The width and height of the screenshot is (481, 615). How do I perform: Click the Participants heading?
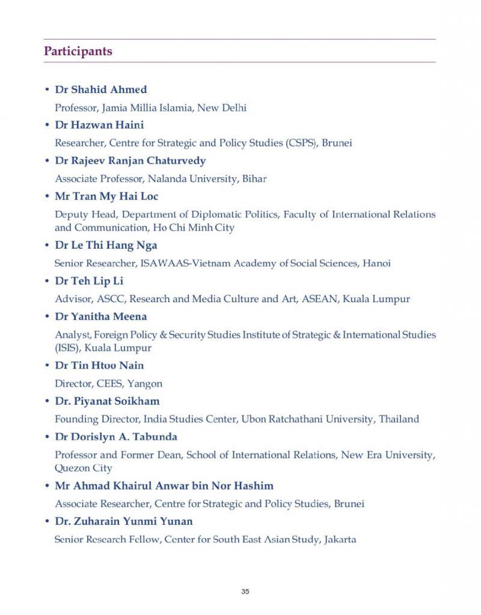tap(78, 51)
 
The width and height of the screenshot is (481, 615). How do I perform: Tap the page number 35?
tap(245, 592)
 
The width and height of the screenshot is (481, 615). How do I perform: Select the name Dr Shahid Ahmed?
tap(100, 89)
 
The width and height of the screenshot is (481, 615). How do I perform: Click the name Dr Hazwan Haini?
tap(99, 125)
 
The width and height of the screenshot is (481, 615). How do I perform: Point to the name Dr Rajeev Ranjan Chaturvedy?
tap(130, 160)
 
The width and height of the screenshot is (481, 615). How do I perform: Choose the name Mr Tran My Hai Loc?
tap(106, 196)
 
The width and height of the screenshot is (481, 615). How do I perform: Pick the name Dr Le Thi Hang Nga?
tap(106, 245)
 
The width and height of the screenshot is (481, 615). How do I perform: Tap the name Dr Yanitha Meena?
tap(100, 316)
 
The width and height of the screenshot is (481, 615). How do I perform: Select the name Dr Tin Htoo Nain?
tap(99, 365)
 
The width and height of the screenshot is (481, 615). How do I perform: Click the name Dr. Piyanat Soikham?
tap(107, 401)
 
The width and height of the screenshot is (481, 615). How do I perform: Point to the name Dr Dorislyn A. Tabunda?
tap(116, 436)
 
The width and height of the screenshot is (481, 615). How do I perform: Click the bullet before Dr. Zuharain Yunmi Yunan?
tap(47, 521)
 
